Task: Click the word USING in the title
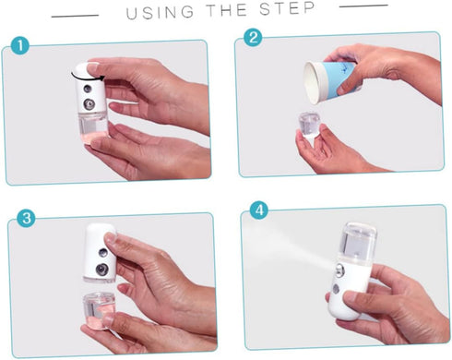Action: pos(161,13)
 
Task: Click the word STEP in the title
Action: pos(288,8)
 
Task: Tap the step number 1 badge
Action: pos(20,46)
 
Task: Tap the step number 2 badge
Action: pos(253,38)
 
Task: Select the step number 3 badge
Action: pos(26,218)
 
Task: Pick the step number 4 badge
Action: pos(259,210)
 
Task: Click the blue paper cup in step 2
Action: pos(330,81)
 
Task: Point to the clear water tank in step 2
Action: pos(310,125)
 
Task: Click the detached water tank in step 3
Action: pos(99,311)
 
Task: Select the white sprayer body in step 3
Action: pos(101,253)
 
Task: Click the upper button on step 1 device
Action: pos(88,89)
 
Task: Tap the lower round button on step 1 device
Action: pos(89,104)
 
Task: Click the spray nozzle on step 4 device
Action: pos(339,270)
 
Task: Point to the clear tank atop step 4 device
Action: pos(358,240)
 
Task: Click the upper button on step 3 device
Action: pos(102,253)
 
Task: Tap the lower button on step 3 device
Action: pos(101,270)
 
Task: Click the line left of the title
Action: pos(75,16)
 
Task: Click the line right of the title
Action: pos(363,6)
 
